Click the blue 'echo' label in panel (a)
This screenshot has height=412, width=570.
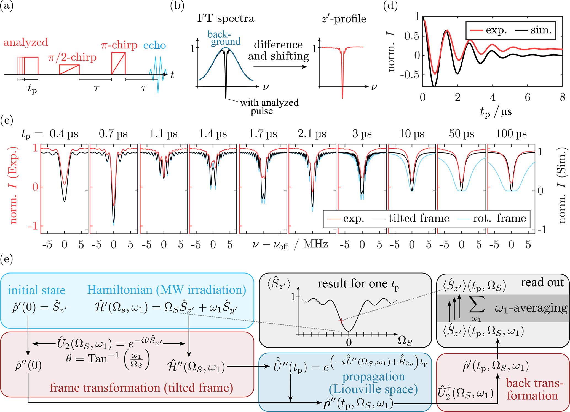pyautogui.click(x=154, y=45)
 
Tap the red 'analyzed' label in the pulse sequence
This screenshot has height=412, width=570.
pyautogui.click(x=26, y=42)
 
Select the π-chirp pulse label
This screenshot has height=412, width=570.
pyautogui.click(x=119, y=45)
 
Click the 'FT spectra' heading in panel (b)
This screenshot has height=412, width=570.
pyautogui.click(x=226, y=18)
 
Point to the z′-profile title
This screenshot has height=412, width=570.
pyautogui.click(x=344, y=18)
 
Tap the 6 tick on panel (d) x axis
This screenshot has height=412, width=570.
pyautogui.click(x=527, y=97)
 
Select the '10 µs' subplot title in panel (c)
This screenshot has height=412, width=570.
pyautogui.click(x=412, y=134)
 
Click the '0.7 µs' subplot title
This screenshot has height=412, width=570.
pyautogui.click(x=113, y=134)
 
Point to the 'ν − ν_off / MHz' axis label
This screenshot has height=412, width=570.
pyautogui.click(x=290, y=244)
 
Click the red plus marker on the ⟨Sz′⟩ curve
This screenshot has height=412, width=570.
pyautogui.click(x=341, y=321)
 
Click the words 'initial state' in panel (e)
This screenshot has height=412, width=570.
pyautogui.click(x=36, y=290)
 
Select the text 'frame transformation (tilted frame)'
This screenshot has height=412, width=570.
pyautogui.click(x=141, y=388)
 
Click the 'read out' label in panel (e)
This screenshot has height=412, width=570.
pyautogui.click(x=542, y=283)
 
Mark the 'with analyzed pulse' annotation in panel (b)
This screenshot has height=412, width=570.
pyautogui.click(x=269, y=107)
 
